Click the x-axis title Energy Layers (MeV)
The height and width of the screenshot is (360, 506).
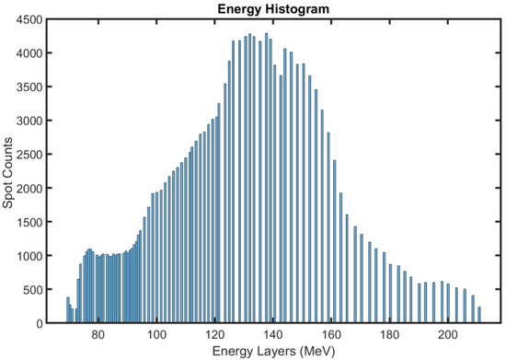pos(274,351)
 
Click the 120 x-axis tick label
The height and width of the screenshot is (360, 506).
pos(215,335)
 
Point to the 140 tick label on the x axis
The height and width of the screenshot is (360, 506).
pos(274,335)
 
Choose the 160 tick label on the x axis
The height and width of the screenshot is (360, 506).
pos(332,335)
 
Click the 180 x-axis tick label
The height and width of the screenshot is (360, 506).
pos(390,335)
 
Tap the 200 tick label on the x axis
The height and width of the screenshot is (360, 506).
pos(449,335)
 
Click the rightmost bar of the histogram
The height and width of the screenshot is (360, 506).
pos(478,316)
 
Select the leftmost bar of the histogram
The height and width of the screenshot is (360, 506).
pos(67,311)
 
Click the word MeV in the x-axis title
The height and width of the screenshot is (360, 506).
pos(314,351)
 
